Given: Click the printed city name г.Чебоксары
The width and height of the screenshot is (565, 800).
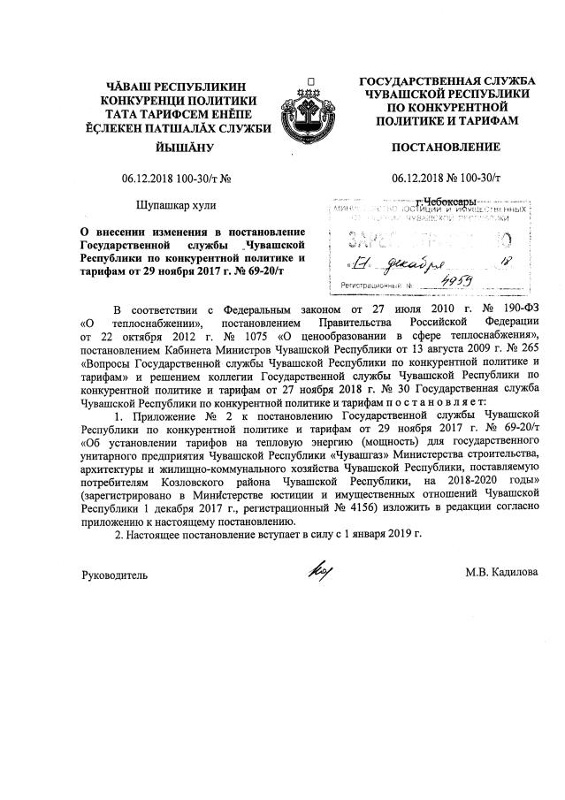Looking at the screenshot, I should click(447, 202).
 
